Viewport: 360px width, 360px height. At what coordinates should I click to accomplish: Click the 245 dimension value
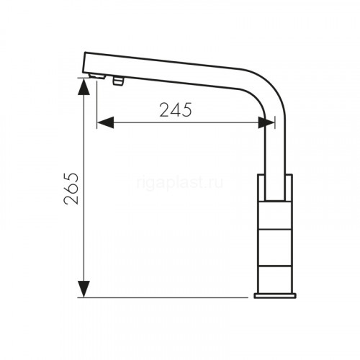[176, 110]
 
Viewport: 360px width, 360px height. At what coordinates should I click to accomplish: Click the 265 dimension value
[71, 189]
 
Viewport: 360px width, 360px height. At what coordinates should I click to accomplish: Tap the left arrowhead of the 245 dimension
[106, 122]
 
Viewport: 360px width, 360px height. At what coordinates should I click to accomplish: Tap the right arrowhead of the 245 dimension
[266, 122]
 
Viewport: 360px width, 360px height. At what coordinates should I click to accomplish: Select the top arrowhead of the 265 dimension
[84, 86]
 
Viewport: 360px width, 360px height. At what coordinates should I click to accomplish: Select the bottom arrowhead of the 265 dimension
[84, 289]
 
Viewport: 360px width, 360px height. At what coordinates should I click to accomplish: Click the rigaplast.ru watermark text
[180, 183]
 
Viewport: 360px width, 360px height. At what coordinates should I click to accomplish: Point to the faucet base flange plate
[275, 296]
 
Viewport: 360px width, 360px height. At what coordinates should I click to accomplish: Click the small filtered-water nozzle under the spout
[117, 81]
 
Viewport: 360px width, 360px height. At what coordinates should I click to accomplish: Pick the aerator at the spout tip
[97, 76]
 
